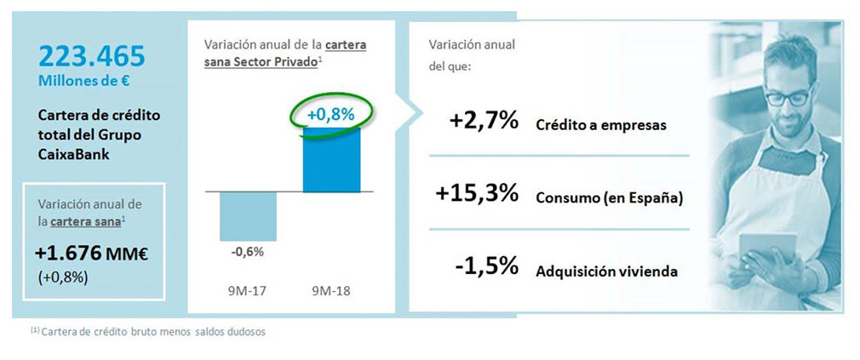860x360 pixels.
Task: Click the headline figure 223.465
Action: tap(91, 56)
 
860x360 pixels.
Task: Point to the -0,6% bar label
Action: tap(248, 251)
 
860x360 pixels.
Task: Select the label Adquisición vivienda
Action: tap(606, 271)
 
